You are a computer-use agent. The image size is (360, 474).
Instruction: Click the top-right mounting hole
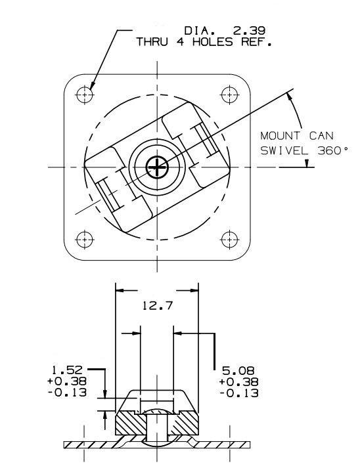[x=229, y=95]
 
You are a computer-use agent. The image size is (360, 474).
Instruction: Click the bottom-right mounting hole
[x=229, y=239]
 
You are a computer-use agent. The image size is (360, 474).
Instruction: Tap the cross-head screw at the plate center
[x=157, y=167]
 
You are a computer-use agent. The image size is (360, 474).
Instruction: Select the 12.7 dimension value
[x=157, y=305]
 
